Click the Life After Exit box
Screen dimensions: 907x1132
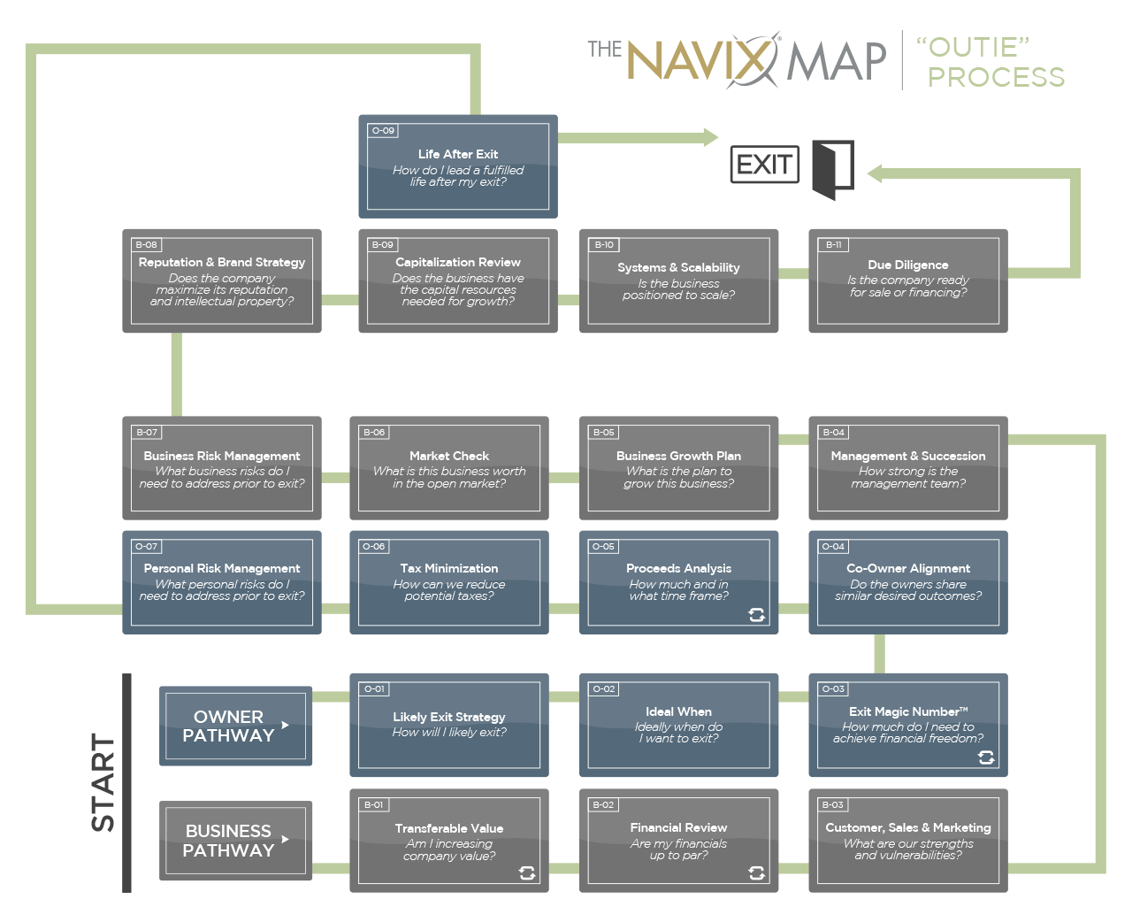458,166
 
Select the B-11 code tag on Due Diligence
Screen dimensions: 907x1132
834,245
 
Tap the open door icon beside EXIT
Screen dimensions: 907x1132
831,169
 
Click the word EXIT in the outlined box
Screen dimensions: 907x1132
764,165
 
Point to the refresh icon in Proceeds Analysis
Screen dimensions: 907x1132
756,614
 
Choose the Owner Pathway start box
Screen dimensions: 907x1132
235,726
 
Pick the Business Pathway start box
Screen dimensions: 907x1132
235,841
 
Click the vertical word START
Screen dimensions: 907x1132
103,782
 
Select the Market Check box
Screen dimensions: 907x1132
449,467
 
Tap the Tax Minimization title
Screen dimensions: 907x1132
449,568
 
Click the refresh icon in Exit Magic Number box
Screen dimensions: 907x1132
986,757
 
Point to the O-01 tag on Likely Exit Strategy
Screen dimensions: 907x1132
375,688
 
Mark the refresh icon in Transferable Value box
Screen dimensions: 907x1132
527,873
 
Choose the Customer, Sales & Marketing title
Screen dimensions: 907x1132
908,827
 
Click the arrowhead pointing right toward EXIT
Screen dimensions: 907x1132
710,137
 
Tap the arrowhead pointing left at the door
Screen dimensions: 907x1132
875,173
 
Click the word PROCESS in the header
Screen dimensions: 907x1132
996,77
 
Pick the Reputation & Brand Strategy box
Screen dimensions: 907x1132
222,281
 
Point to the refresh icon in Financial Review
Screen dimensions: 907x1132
756,873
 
